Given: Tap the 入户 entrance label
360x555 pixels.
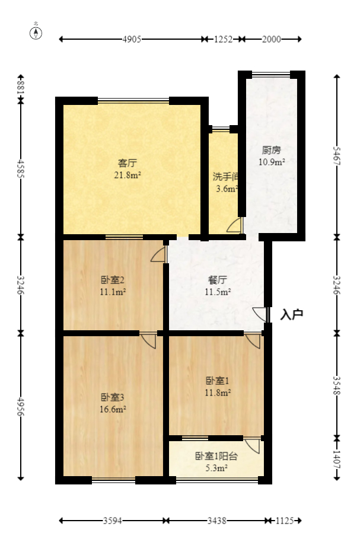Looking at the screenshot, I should pos(291,314).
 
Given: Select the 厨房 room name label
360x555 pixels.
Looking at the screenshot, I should pos(271,150).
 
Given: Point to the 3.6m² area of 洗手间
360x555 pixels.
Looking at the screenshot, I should pos(227,189).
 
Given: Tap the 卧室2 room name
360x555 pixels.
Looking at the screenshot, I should pos(112,280).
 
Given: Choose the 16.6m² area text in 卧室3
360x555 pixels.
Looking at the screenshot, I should pos(112,409).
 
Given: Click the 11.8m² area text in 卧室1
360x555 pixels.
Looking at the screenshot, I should pos(218,392).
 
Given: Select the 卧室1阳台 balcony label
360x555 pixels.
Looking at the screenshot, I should pos(216,456).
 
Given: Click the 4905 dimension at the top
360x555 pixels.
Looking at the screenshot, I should pos(132,40).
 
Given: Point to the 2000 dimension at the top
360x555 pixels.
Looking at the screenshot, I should pos(272,40).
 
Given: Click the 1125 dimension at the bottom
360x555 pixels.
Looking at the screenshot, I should pos(285,521).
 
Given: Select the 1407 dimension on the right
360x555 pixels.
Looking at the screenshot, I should pos(337,458).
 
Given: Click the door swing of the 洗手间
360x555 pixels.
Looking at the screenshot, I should pos(235,225).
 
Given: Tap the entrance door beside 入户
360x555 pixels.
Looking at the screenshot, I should pos(260,314).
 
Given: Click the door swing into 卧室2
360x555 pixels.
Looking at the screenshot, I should pos(158,254).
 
